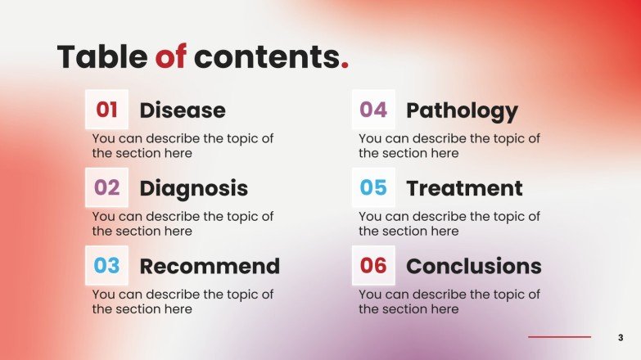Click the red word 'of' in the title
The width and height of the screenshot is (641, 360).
[x=171, y=57]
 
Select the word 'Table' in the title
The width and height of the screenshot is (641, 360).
[x=102, y=57]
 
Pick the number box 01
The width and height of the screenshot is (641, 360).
[x=107, y=110]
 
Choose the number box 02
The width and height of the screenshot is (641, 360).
[x=107, y=188]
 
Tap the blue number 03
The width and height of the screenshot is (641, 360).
[x=107, y=266]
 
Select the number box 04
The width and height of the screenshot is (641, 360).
[x=373, y=110]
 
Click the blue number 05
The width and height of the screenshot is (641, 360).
[x=373, y=188]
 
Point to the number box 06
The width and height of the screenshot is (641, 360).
[x=373, y=266]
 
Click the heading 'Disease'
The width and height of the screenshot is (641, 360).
[x=183, y=110]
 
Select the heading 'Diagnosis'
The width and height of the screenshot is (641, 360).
[x=193, y=189]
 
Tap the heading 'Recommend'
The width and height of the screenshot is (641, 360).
[x=210, y=267]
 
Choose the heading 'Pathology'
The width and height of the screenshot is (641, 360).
[x=462, y=110]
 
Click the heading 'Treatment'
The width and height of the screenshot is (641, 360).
[x=464, y=189]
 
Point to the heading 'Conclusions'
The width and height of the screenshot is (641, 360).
[x=473, y=267]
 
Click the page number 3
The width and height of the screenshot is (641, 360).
[x=621, y=337]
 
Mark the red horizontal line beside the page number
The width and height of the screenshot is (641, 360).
[x=559, y=337]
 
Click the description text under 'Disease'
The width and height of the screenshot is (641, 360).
[x=183, y=146]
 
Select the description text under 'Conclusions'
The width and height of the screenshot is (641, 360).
[x=449, y=302]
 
